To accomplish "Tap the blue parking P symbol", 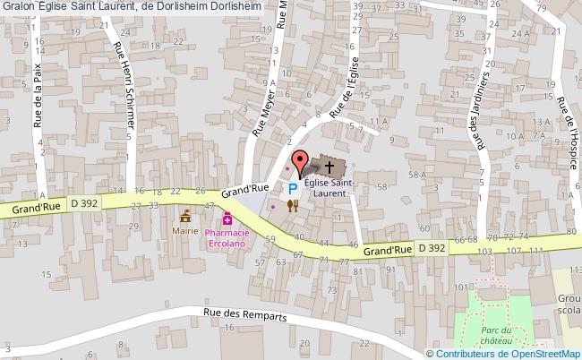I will (x=293, y=188).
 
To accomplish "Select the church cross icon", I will (x=330, y=167).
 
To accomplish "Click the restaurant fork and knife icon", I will (x=292, y=205).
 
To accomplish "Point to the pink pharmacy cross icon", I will (x=227, y=218).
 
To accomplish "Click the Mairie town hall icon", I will (x=186, y=216).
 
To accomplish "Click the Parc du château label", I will (x=507, y=335).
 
